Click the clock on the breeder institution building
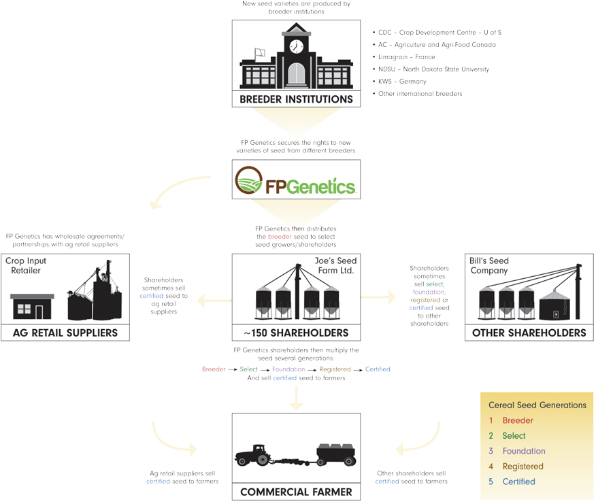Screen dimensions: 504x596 (296, 46)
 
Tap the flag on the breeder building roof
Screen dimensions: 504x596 (259, 53)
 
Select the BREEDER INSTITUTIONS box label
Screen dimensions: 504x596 (296, 99)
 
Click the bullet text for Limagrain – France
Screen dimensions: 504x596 (406, 57)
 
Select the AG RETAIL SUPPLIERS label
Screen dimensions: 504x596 (65, 333)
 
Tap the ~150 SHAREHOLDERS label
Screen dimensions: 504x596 (296, 333)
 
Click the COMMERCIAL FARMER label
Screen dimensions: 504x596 (296, 492)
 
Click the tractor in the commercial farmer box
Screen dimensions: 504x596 (256, 456)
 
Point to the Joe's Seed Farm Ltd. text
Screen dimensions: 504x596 (335, 265)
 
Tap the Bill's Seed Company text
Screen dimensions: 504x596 (489, 265)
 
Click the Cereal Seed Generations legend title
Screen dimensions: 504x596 (537, 405)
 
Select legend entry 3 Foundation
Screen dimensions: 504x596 (523, 451)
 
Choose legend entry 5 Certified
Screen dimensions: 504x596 (518, 482)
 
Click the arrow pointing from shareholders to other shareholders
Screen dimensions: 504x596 (378, 297)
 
